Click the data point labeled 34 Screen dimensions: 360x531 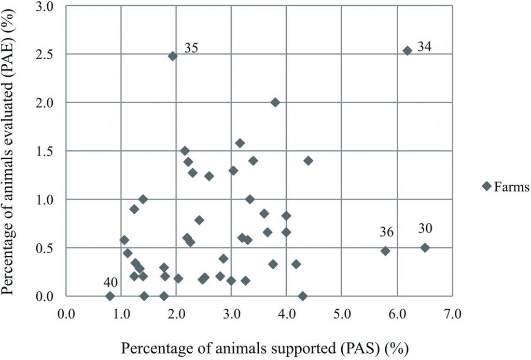click(408, 50)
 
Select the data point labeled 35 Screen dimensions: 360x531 click(173, 56)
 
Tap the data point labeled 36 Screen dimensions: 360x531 click(385, 251)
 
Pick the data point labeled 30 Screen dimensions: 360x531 click(425, 247)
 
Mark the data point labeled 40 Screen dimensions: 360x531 click(110, 296)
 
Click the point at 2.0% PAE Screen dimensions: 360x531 click(275, 102)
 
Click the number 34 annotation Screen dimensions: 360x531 click(424, 47)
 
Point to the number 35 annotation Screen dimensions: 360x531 click(191, 49)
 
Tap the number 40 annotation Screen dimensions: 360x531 click(110, 282)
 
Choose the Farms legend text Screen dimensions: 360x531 click(511, 187)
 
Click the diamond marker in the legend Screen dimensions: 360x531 click(486, 186)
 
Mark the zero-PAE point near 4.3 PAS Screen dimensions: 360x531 click(303, 296)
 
